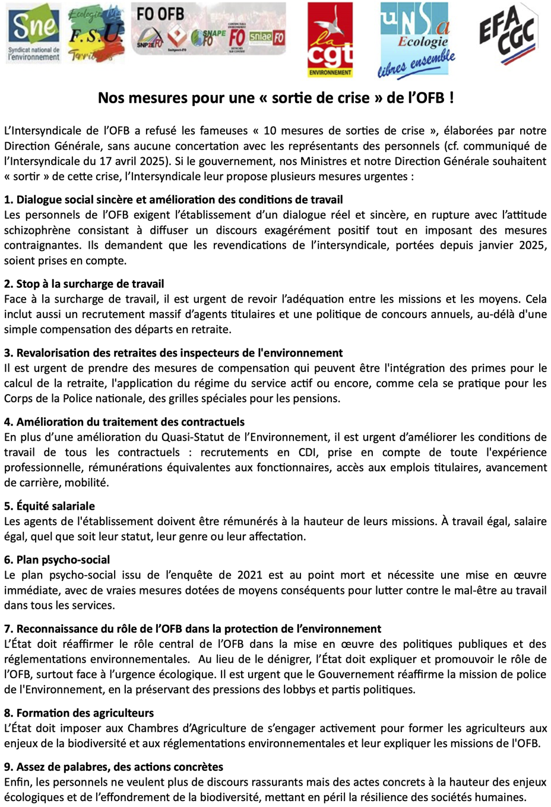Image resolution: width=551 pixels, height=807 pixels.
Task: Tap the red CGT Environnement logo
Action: [330, 40]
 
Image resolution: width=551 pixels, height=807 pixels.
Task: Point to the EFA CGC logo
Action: [508, 34]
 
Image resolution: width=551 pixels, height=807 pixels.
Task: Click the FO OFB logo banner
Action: [208, 29]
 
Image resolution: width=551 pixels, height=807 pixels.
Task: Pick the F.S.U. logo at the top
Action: [97, 33]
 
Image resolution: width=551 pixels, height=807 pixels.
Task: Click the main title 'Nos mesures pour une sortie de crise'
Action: [275, 98]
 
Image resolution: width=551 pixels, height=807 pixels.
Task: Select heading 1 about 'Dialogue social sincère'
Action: [173, 200]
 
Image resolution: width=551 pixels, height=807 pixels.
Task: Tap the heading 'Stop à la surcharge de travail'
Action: [84, 284]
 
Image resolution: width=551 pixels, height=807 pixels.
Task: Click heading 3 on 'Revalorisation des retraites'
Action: [173, 353]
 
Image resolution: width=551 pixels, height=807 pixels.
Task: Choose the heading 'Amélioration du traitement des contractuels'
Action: [124, 422]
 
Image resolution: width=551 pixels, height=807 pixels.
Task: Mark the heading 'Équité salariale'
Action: [49, 506]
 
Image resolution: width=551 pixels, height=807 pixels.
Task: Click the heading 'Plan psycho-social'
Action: [57, 560]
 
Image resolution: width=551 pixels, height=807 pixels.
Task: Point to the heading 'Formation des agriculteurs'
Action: [79, 713]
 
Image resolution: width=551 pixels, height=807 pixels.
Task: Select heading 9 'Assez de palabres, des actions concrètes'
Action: [113, 767]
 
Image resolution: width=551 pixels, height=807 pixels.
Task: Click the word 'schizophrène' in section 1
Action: [37, 230]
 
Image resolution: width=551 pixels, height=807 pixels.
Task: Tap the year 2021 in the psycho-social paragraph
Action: [249, 575]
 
